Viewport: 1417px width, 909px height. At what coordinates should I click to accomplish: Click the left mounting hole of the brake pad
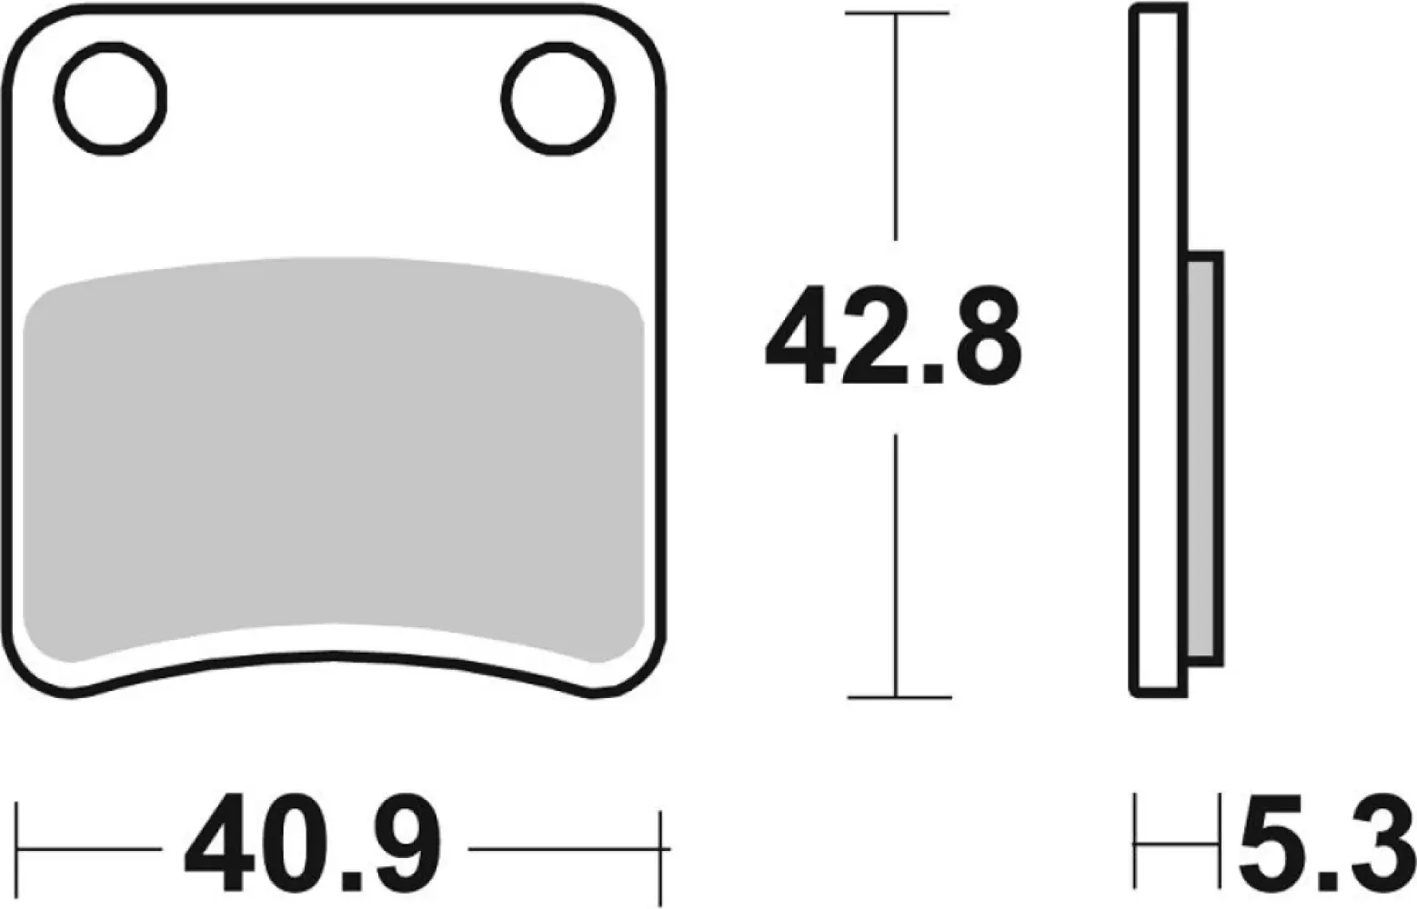pyautogui.click(x=111, y=98)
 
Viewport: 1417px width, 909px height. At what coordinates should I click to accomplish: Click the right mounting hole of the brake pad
pyautogui.click(x=558, y=98)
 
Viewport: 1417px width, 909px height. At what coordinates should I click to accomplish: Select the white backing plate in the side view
pyautogui.click(x=1159, y=350)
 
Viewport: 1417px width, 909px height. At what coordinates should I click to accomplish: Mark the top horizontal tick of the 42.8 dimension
pyautogui.click(x=897, y=14)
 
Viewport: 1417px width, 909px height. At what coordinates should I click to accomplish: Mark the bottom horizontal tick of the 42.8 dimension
pyautogui.click(x=899, y=697)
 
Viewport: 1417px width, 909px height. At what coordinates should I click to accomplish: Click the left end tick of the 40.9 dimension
pyautogui.click(x=18, y=849)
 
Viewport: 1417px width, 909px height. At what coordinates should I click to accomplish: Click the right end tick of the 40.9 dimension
pyautogui.click(x=664, y=849)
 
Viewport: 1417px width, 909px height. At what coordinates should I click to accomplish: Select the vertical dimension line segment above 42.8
pyautogui.click(x=897, y=127)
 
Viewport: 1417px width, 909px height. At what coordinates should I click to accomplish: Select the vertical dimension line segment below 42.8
pyautogui.click(x=898, y=564)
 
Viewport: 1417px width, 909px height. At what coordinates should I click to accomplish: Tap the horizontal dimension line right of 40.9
pyautogui.click(x=564, y=849)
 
